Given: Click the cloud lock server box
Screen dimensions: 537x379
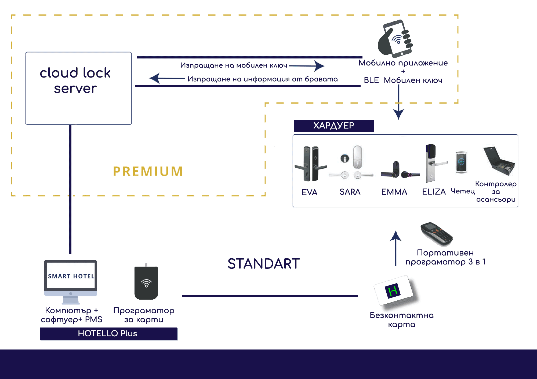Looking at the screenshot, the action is pyautogui.click(x=78, y=88).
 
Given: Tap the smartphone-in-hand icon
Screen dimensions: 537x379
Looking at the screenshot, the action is pyautogui.click(x=395, y=39).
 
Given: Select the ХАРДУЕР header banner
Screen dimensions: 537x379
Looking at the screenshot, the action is pyautogui.click(x=334, y=126).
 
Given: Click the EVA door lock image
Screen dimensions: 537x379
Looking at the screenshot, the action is pyautogui.click(x=311, y=164).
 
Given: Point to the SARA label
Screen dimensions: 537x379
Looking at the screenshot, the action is pyautogui.click(x=350, y=192).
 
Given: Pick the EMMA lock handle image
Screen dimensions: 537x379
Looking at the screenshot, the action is pyautogui.click(x=400, y=170).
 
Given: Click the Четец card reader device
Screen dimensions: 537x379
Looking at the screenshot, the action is pyautogui.click(x=461, y=162).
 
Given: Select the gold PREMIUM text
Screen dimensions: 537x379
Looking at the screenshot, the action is pyautogui.click(x=148, y=171).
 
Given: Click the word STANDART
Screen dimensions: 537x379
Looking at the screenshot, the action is pyautogui.click(x=264, y=264).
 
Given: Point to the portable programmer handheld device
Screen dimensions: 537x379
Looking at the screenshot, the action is pyautogui.click(x=437, y=234).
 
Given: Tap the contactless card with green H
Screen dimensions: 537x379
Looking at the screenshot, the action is pyautogui.click(x=395, y=291).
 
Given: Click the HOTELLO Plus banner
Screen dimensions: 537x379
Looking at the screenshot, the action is pyautogui.click(x=108, y=334).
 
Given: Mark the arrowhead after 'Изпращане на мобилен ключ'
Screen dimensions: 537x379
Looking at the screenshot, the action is pyautogui.click(x=320, y=66).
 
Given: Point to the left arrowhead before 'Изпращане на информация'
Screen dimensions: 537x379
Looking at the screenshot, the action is pyautogui.click(x=155, y=78).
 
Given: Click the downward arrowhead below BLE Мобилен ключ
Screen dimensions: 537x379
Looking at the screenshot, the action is pyautogui.click(x=399, y=114).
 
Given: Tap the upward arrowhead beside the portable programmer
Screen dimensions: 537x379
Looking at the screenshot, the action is pyautogui.click(x=396, y=236).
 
